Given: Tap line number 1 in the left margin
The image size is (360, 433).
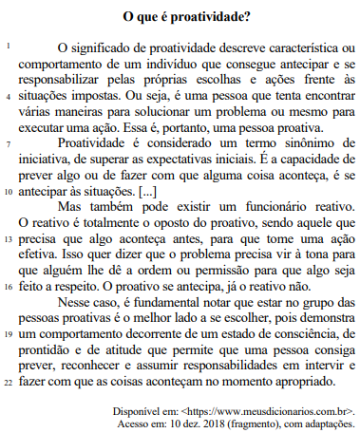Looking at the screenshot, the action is click(x=8, y=47).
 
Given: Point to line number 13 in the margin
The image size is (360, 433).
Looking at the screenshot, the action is click(x=8, y=238).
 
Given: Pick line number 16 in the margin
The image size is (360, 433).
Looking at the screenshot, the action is click(x=8, y=286).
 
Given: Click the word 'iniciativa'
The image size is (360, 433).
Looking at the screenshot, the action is click(x=46, y=159).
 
